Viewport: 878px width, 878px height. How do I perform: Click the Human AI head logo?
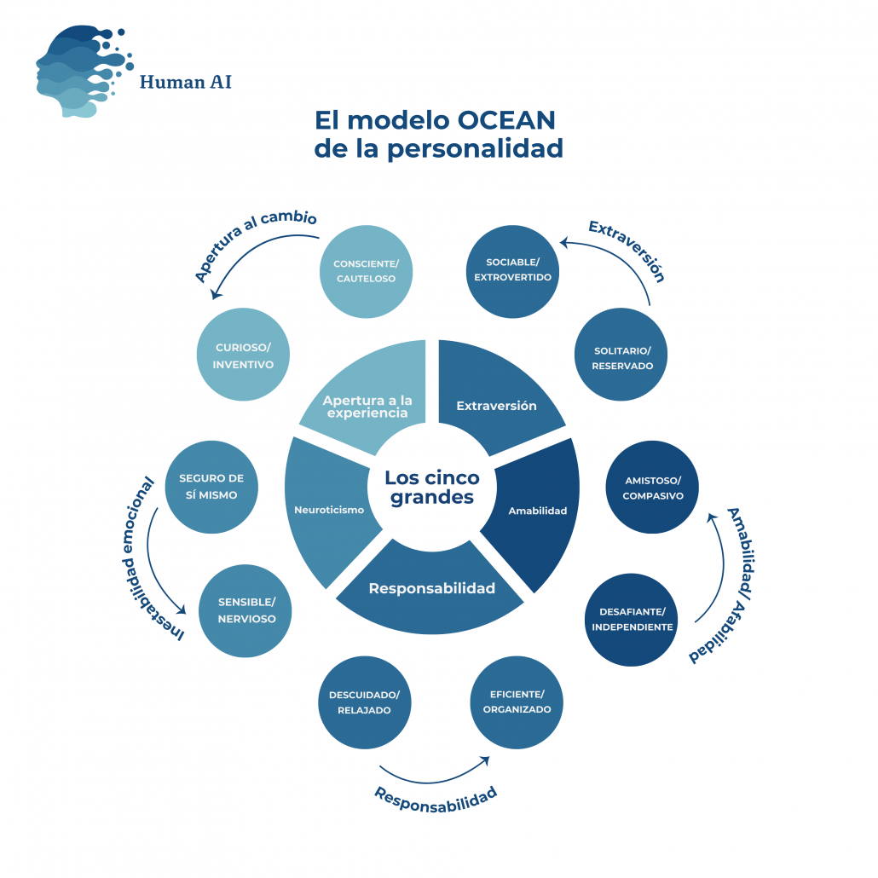click(81, 72)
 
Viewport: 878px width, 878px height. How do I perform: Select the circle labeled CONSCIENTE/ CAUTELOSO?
click(364, 271)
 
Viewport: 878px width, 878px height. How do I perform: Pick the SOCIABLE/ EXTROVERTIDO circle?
click(512, 271)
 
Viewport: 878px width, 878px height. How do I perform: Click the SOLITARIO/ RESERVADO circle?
click(622, 355)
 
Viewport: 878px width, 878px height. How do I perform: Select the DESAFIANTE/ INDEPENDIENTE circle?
click(631, 619)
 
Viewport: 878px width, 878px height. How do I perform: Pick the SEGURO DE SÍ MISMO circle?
click(211, 488)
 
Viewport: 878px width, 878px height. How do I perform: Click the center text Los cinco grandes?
click(432, 488)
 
